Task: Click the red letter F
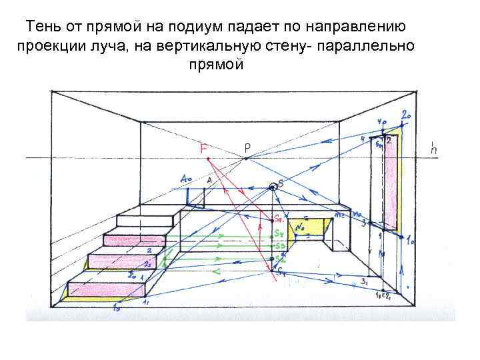(x=204, y=148)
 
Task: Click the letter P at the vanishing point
(x=247, y=147)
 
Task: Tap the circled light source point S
(x=273, y=187)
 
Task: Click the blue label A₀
(x=187, y=179)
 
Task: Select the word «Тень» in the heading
(x=45, y=27)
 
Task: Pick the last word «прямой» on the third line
(x=217, y=65)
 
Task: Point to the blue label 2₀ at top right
(x=405, y=116)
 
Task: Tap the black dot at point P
(x=247, y=159)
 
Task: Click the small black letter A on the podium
(x=209, y=180)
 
